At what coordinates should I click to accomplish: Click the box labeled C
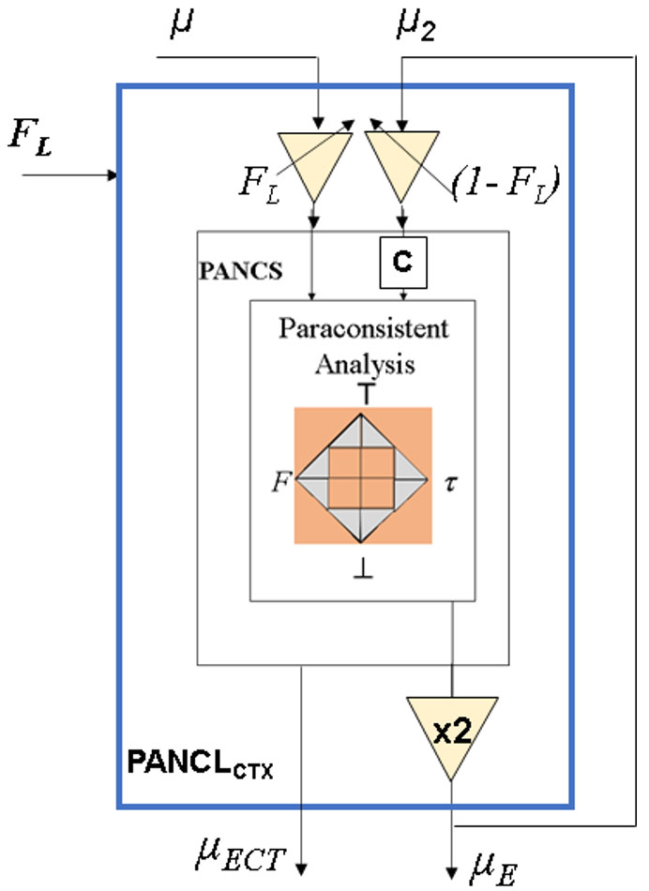click(x=403, y=264)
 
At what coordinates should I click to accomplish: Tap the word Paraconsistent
click(x=362, y=329)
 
